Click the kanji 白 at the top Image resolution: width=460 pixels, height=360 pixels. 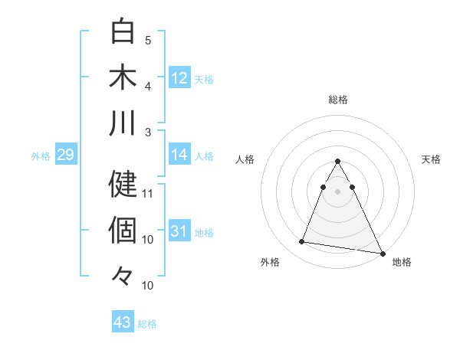123,31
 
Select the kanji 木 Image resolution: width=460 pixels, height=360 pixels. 123,77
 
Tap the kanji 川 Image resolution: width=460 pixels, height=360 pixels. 123,123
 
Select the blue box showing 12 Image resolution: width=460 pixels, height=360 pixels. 179,77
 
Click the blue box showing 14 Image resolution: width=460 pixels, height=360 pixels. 179,155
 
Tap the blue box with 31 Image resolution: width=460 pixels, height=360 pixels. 179,231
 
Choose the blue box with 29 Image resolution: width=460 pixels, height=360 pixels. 65,155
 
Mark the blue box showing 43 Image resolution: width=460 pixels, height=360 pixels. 123,322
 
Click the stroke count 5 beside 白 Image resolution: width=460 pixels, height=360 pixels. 148,40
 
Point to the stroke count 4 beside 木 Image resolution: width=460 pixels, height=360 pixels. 148,86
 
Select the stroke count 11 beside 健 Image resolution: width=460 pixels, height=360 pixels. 148,193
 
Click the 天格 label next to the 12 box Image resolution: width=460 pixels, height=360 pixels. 203,79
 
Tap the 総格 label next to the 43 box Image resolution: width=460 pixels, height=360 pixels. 147,324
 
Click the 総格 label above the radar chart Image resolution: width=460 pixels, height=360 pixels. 337,100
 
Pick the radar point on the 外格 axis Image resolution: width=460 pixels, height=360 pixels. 301,242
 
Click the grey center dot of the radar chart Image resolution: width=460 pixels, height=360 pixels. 337,191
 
